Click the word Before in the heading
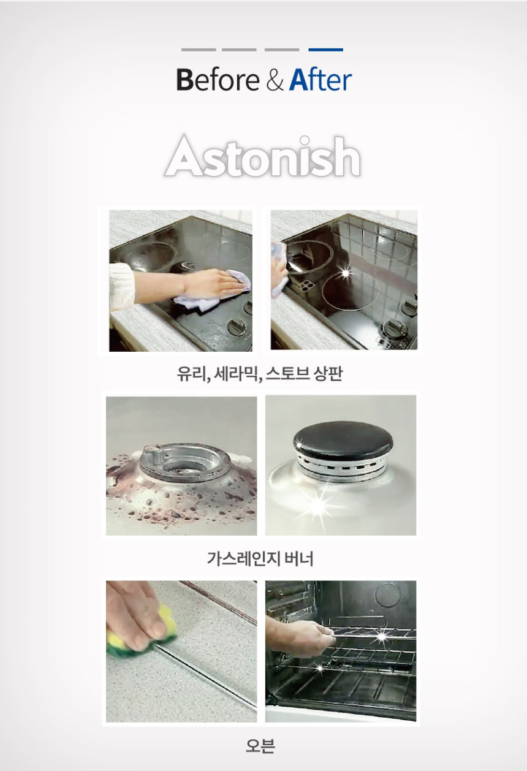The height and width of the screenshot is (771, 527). pyautogui.click(x=218, y=80)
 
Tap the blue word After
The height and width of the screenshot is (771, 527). pyautogui.click(x=320, y=80)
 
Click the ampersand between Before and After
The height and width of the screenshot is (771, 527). pyautogui.click(x=275, y=80)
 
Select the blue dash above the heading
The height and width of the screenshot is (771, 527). pyautogui.click(x=325, y=50)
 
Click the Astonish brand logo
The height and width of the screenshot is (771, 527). pyautogui.click(x=263, y=157)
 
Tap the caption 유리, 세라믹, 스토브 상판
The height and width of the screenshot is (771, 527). pyautogui.click(x=260, y=374)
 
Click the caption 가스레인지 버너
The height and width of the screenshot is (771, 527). pyautogui.click(x=260, y=558)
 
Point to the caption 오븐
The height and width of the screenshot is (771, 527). pyautogui.click(x=260, y=745)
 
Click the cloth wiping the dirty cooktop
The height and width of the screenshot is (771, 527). pyautogui.click(x=213, y=292)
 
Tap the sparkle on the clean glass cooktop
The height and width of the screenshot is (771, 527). pyautogui.click(x=345, y=273)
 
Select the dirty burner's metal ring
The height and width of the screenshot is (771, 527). pyautogui.click(x=185, y=462)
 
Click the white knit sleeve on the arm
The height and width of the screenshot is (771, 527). pyautogui.click(x=121, y=286)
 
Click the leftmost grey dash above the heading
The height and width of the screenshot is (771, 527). pyautogui.click(x=199, y=50)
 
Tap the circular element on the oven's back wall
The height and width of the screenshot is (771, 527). pyautogui.click(x=388, y=594)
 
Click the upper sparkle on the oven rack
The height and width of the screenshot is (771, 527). pyautogui.click(x=381, y=636)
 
